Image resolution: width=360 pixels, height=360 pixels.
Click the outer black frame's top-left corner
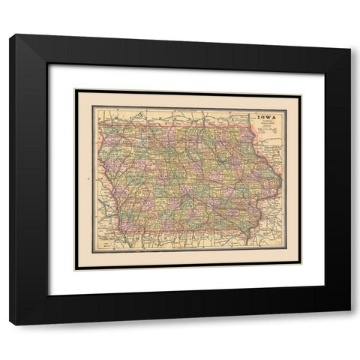[x=10, y=34]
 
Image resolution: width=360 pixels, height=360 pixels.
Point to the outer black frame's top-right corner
[x=349, y=34]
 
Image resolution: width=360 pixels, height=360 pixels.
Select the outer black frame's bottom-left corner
[x=10, y=325]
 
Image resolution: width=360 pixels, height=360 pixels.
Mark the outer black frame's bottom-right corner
[x=349, y=325]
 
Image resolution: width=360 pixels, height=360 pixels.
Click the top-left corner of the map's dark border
[x=76, y=91]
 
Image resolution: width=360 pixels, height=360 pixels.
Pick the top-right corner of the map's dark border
[x=300, y=91]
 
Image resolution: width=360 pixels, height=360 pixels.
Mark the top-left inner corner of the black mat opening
[x=48, y=64]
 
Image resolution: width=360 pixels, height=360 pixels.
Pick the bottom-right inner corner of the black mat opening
[x=325, y=295]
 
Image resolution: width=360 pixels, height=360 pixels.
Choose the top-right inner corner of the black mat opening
[x=325, y=64]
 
